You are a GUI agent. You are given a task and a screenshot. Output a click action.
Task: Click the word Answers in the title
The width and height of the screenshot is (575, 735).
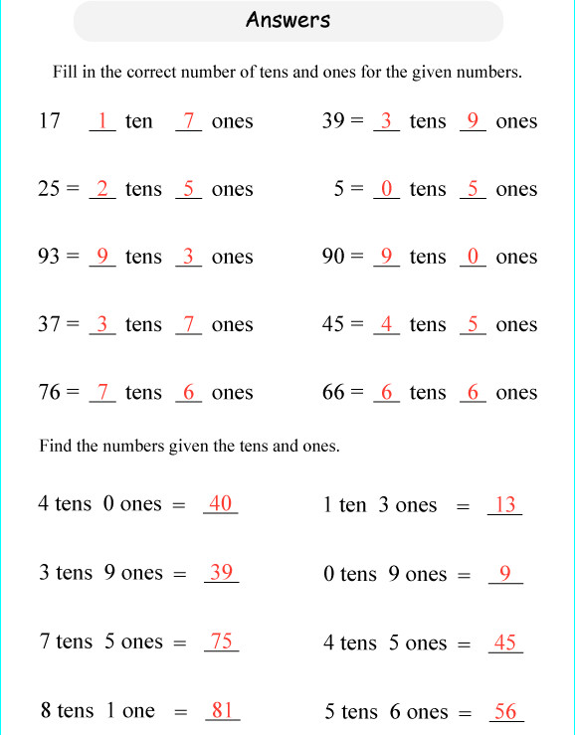(x=287, y=20)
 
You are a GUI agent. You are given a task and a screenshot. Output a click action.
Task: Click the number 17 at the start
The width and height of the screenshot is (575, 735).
(x=50, y=121)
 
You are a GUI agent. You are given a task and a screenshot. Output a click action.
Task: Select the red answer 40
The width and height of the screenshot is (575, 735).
(x=220, y=503)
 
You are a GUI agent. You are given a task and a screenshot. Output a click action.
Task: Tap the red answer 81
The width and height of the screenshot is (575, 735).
(x=222, y=710)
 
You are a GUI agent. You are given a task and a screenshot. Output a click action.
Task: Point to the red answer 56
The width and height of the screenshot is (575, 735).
(x=505, y=711)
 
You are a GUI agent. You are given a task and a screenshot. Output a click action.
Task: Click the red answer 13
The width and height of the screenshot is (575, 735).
(x=505, y=504)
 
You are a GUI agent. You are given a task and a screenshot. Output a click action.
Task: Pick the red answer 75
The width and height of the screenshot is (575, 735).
(x=221, y=642)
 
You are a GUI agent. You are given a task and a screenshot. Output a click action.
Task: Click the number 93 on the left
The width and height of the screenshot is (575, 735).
(x=50, y=257)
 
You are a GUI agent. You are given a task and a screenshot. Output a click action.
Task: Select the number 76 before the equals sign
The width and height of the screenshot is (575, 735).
(x=50, y=392)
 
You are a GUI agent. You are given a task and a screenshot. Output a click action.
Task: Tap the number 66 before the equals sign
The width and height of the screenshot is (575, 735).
(x=333, y=392)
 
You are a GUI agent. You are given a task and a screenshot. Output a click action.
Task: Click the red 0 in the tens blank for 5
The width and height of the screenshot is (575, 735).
(x=387, y=189)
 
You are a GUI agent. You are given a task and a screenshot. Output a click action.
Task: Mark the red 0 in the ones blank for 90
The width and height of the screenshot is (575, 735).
(x=474, y=257)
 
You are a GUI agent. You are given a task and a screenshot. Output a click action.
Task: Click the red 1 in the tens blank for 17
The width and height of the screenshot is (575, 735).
(x=102, y=121)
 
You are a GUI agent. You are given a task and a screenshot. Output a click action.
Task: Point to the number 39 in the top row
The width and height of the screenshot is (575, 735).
(x=333, y=121)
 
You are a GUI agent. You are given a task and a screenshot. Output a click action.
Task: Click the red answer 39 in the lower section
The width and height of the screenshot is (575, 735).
(x=221, y=572)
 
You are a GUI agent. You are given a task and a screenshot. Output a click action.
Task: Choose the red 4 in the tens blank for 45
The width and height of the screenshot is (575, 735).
(x=387, y=324)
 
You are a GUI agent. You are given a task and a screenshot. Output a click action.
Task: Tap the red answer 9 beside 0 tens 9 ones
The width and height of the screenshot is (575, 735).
(x=505, y=573)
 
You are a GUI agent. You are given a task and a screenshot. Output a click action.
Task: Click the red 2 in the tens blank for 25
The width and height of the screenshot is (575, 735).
(x=102, y=189)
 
